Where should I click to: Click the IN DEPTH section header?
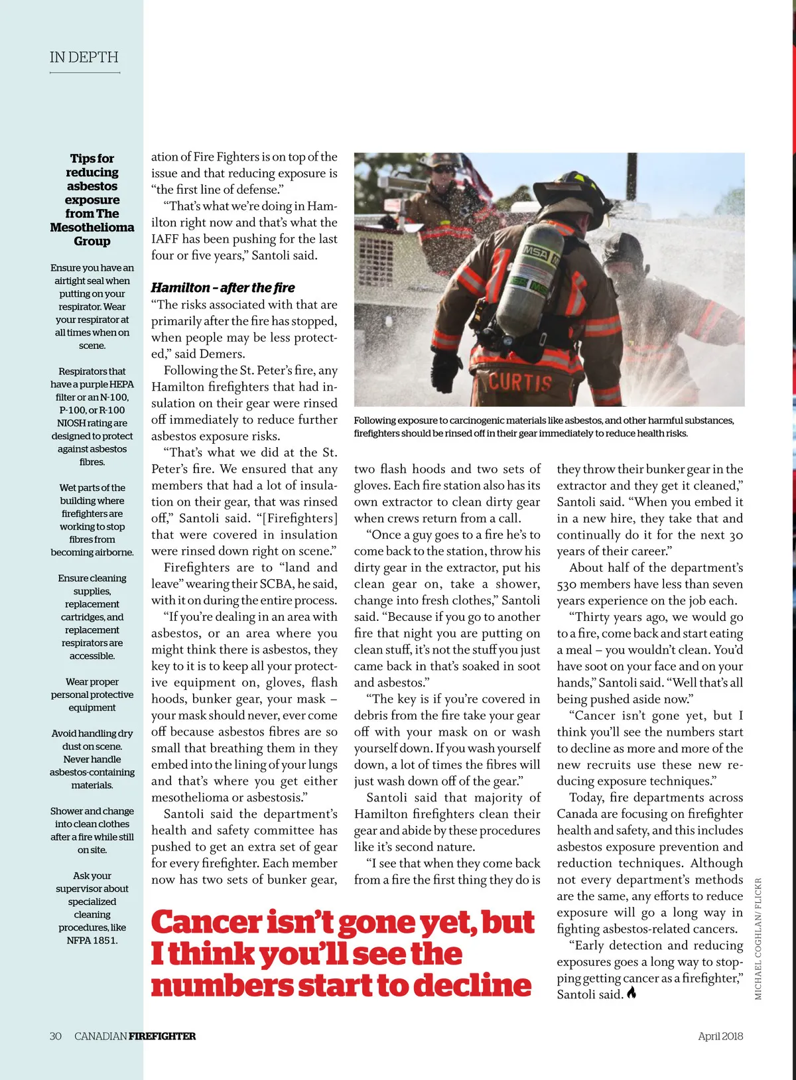pos(84,58)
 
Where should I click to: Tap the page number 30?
pos(56,1036)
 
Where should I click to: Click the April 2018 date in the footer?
pos(720,1036)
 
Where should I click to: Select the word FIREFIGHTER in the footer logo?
pos(163,1036)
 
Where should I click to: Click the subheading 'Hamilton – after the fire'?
pos(223,288)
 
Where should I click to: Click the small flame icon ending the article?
pos(631,993)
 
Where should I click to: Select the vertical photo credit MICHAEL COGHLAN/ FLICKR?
pos(758,939)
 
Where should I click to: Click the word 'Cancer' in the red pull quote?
pos(206,923)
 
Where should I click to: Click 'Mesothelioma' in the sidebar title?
pos(92,228)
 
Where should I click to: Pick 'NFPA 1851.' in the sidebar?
pos(92,940)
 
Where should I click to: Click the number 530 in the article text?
pos(568,584)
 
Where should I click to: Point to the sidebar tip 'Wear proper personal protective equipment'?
pos(92,695)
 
